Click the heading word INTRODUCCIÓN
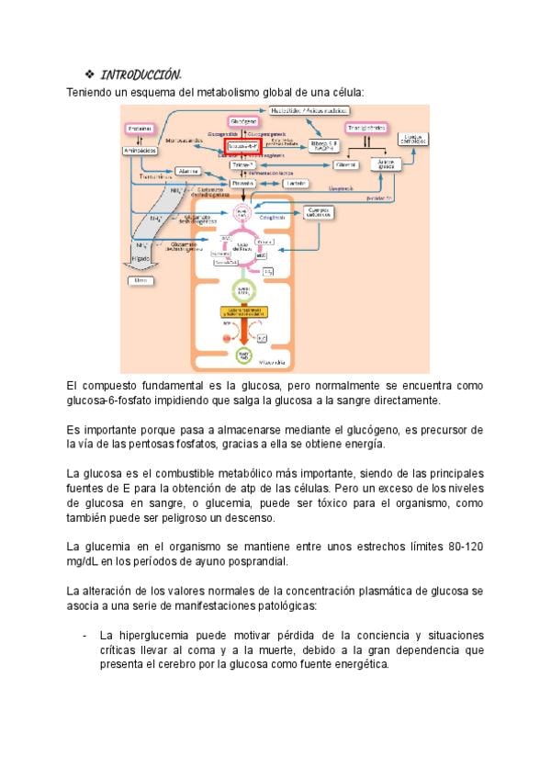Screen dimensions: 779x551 (x=140, y=73)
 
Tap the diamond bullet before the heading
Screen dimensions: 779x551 (x=89, y=73)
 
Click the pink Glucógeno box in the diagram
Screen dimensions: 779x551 (x=243, y=121)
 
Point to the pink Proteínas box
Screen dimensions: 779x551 (x=140, y=128)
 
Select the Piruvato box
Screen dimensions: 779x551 (x=243, y=183)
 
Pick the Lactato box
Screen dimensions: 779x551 (x=296, y=183)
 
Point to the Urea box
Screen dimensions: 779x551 (x=141, y=278)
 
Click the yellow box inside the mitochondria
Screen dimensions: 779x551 (x=242, y=311)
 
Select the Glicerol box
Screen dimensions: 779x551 (x=345, y=164)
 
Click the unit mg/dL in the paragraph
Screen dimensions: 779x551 (x=85, y=561)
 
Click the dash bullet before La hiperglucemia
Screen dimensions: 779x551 (x=84, y=636)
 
